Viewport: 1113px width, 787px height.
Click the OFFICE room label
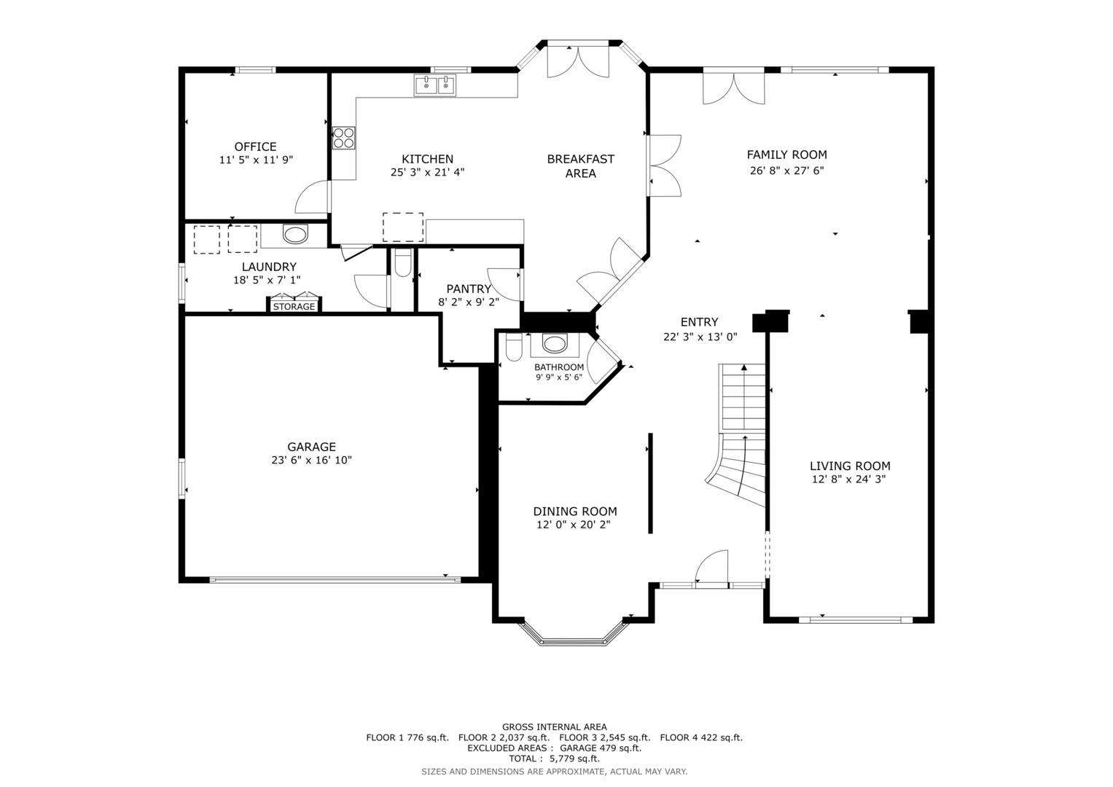tap(255, 146)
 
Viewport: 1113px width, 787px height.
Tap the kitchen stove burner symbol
tap(344, 138)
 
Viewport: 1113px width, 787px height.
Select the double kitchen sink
tap(434, 85)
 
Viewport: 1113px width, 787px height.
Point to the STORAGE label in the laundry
tap(294, 307)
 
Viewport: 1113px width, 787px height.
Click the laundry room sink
tap(295, 234)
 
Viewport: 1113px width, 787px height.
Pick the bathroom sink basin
tap(555, 343)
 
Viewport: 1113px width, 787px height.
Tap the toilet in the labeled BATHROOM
tap(514, 347)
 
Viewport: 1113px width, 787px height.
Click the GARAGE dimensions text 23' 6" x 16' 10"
tap(311, 460)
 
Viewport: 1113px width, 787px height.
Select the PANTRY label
tap(469, 289)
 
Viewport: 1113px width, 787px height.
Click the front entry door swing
tap(711, 567)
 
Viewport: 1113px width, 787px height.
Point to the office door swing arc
tap(312, 197)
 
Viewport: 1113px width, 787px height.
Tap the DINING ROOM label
tap(575, 512)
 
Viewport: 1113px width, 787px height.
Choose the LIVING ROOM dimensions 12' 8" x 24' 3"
tap(849, 479)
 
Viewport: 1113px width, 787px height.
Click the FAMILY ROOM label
tap(787, 155)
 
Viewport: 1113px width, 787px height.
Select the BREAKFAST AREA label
tap(580, 166)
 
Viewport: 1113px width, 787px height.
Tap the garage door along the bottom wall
tap(335, 579)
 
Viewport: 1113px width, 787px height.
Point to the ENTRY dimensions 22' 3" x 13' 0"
tap(700, 337)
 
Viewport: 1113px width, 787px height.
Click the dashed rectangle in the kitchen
tap(403, 227)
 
